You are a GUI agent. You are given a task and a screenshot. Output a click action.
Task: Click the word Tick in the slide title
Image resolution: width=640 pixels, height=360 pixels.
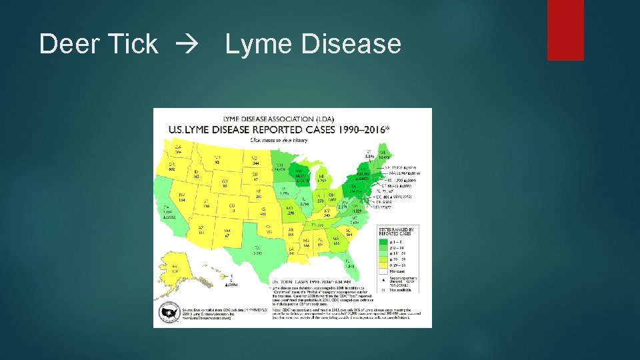pyautogui.click(x=131, y=45)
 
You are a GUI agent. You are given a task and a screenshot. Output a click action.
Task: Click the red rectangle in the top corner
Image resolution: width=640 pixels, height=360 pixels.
pyautogui.click(x=565, y=30)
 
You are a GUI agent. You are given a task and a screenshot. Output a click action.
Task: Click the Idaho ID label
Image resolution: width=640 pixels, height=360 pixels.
pyautogui.click(x=197, y=173)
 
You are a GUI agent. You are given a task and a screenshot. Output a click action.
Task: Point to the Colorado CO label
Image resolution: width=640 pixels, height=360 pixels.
pyautogui.click(x=231, y=207)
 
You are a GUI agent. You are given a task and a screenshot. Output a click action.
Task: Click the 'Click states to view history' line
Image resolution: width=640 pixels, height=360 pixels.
pyautogui.click(x=278, y=140)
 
